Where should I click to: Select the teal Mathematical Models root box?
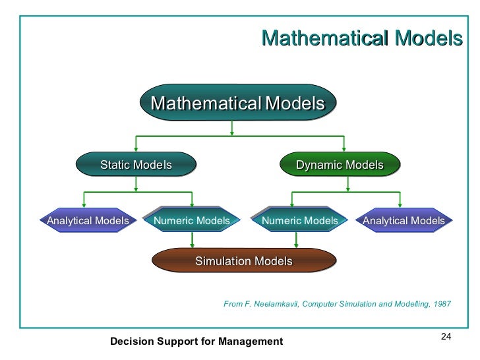point(238,104)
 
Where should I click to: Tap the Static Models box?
point(136,165)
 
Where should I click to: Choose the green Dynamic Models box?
point(340,165)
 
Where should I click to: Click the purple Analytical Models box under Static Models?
point(88,221)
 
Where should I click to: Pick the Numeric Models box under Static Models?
point(192,221)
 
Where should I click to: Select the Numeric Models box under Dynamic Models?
point(299,221)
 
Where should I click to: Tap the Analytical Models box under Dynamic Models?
point(404,221)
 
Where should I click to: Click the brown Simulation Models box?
point(243,261)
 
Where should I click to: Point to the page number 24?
point(444,338)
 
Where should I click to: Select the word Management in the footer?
point(255,341)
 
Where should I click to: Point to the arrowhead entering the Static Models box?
point(136,150)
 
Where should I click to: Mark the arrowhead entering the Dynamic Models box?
point(344,150)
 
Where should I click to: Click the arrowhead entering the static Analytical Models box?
point(84,206)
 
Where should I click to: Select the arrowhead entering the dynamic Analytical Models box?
point(400,206)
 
